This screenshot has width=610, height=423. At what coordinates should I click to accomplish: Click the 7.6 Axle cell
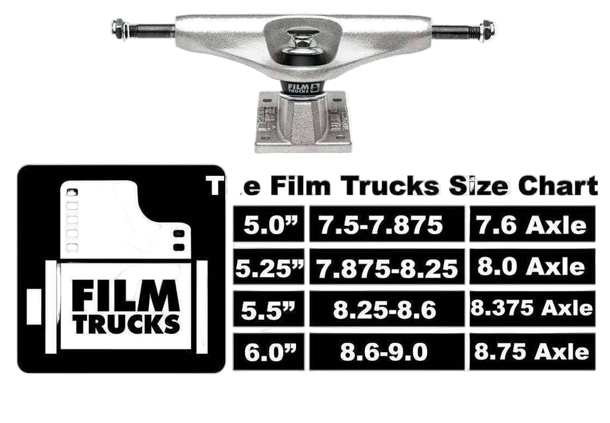531,225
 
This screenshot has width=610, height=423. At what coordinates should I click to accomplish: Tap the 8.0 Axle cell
531,268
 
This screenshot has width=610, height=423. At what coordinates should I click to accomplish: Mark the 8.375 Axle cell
531,309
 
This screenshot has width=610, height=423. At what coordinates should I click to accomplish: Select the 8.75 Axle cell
531,352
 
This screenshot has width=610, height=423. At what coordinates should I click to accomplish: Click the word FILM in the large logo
126,296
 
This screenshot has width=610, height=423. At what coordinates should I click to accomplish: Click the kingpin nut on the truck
303,42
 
